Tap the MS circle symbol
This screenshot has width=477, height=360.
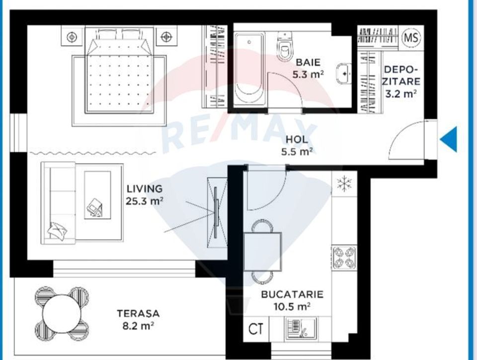click(410, 37)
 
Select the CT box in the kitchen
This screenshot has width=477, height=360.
click(256, 329)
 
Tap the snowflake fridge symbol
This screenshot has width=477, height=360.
click(344, 183)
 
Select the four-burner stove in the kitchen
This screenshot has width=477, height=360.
click(344, 257)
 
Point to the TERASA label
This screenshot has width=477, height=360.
click(138, 314)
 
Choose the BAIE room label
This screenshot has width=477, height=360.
click(308, 63)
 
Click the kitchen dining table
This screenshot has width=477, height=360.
click(262, 251)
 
